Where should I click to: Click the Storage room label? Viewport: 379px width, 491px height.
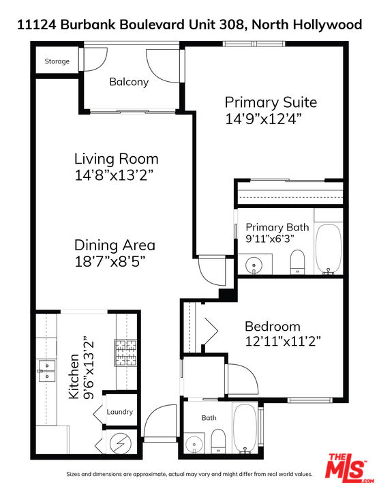(x=57, y=61)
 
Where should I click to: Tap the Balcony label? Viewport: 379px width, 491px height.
(x=129, y=82)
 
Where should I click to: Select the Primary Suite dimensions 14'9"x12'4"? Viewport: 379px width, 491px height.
(x=263, y=118)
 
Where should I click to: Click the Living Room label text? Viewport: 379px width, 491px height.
(x=116, y=159)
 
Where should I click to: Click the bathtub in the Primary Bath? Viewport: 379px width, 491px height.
(x=329, y=249)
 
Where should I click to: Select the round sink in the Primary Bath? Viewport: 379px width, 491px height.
(x=254, y=263)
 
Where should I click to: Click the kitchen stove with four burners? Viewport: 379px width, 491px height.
(x=125, y=353)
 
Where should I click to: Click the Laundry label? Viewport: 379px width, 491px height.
(x=119, y=412)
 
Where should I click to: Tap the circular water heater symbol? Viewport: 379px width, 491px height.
(x=119, y=444)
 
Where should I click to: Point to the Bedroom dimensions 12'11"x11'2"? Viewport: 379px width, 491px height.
(x=283, y=340)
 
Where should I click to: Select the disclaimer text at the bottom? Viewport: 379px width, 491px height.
(x=189, y=474)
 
